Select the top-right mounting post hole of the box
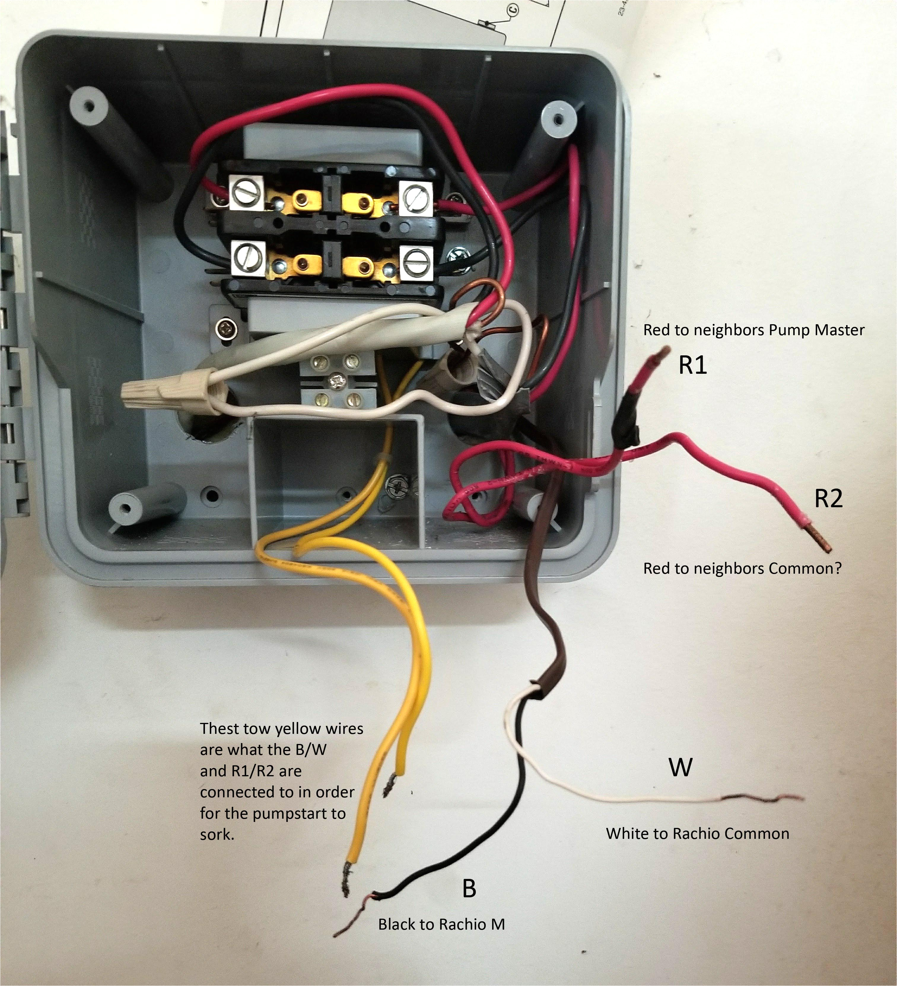coord(558,119)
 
